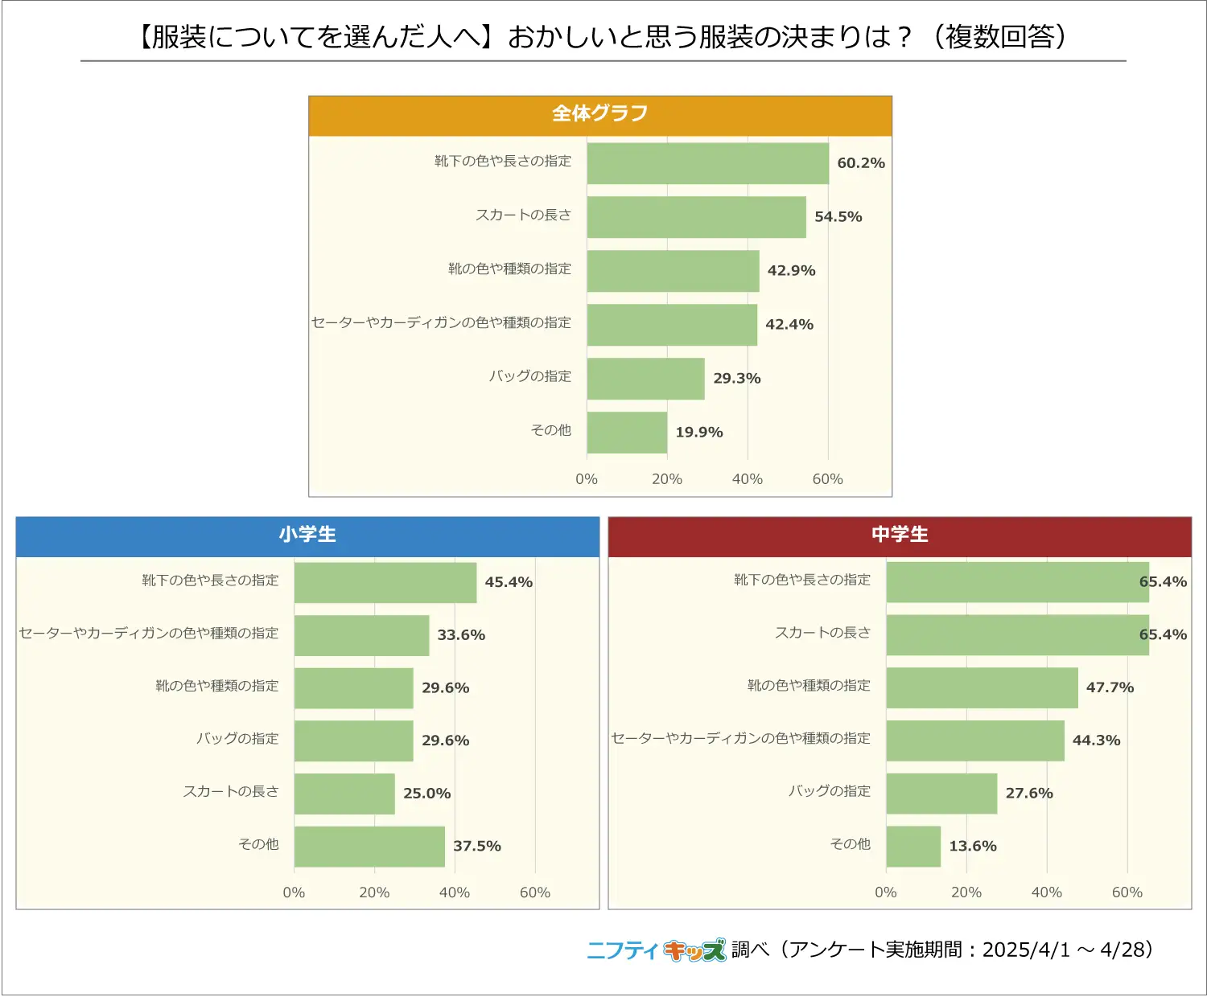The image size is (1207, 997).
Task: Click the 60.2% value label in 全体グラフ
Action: pos(860,163)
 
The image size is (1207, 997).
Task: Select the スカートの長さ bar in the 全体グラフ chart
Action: pos(696,217)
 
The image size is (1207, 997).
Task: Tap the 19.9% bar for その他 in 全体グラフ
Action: pos(627,433)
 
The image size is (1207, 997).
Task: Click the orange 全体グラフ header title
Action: pos(599,113)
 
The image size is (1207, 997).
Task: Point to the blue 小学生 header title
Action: pos(307,535)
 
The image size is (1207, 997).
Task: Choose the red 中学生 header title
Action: pos(900,535)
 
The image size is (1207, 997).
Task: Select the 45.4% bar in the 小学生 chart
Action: pos(385,582)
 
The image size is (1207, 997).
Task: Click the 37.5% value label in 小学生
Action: pos(476,846)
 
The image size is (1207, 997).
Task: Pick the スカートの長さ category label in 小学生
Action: pos(230,792)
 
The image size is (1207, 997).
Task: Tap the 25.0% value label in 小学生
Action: pos(426,794)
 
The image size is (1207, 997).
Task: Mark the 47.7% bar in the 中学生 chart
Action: pos(982,687)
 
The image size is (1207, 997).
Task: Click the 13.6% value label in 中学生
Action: pos(972,846)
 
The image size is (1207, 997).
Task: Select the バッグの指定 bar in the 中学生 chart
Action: pos(941,794)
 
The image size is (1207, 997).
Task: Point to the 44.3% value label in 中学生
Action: pos(1096,741)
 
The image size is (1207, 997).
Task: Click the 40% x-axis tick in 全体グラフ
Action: pos(747,479)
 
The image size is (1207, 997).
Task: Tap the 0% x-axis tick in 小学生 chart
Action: pos(294,892)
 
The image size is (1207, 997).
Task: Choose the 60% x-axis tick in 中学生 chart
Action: pos(1127,892)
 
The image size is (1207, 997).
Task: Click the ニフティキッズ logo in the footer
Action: pos(656,950)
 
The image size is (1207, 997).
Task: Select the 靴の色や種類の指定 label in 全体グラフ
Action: pos(509,269)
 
